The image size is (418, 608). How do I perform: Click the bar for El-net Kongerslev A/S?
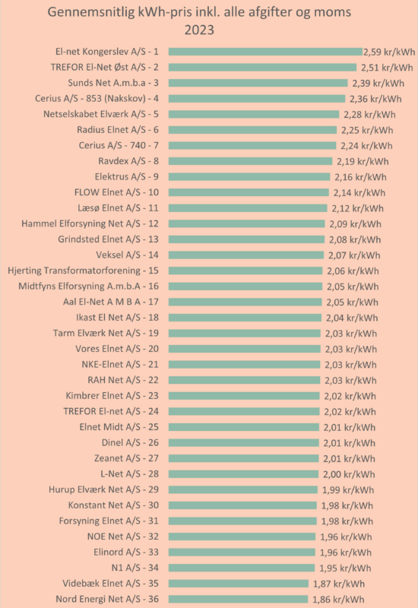265,52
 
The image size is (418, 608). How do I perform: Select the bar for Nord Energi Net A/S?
238,599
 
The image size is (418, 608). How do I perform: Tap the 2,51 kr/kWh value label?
387,68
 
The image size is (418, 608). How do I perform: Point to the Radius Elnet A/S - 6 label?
118,129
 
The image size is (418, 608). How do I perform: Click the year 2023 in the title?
199,30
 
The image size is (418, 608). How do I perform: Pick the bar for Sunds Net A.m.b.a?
258,83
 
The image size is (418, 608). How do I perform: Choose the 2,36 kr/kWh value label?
375,99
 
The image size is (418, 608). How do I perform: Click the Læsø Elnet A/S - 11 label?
118,207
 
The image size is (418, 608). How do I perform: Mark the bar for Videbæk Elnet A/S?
239,584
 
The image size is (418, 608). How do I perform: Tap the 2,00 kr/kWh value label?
349,474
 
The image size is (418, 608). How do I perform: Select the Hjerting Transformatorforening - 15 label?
83,271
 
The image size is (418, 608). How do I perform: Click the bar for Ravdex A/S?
251,161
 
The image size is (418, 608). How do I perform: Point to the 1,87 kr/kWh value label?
338,584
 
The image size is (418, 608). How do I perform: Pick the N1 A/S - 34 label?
135,568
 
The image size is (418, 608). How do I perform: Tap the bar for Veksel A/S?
246,255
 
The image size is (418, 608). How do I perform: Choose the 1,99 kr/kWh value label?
348,489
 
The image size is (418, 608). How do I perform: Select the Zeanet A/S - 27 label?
126,458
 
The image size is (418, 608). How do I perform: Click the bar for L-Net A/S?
243,473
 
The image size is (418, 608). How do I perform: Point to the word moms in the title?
333,12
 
